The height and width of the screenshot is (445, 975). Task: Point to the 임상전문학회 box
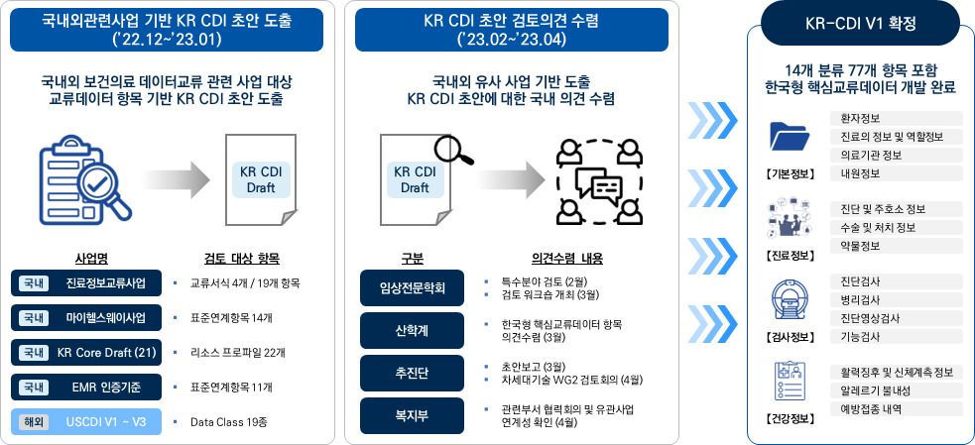click(x=412, y=288)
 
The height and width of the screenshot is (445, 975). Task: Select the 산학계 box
click(x=412, y=329)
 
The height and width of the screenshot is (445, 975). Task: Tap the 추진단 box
click(x=412, y=372)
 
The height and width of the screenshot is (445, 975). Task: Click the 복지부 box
click(x=412, y=415)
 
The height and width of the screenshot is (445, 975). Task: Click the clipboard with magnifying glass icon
click(x=83, y=179)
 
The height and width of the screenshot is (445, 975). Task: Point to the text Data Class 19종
click(x=233, y=422)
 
